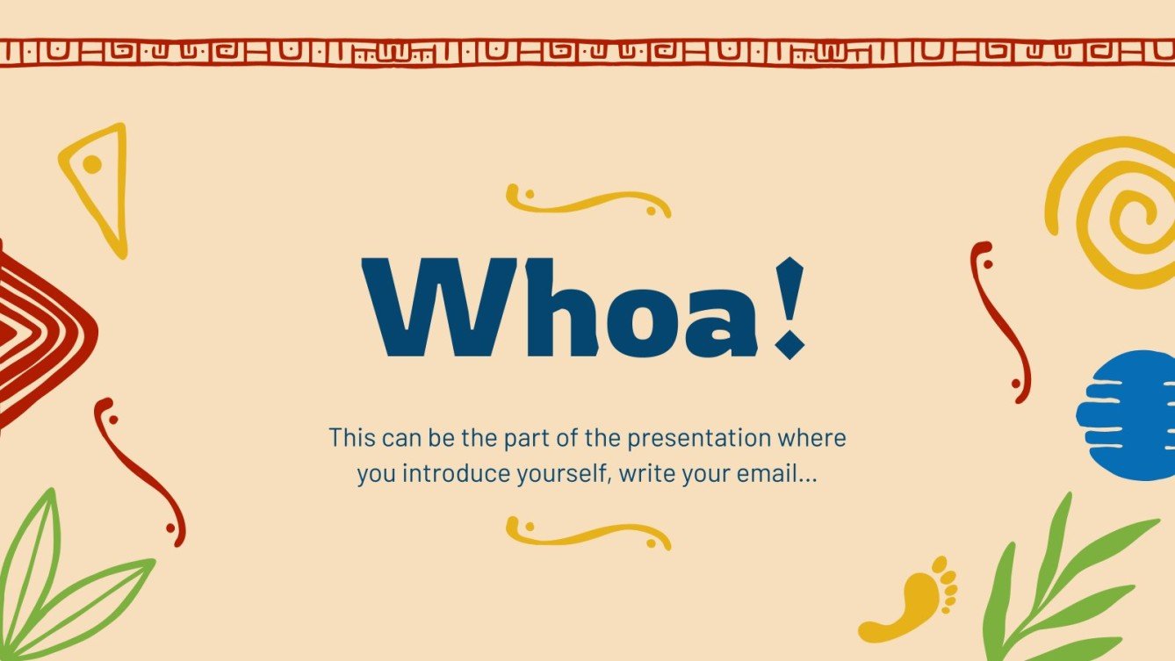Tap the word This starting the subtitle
coord(351,437)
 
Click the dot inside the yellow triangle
coord(91,164)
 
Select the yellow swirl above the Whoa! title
coord(587,202)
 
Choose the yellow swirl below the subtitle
coord(587,533)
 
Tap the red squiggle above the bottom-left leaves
coord(140,471)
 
